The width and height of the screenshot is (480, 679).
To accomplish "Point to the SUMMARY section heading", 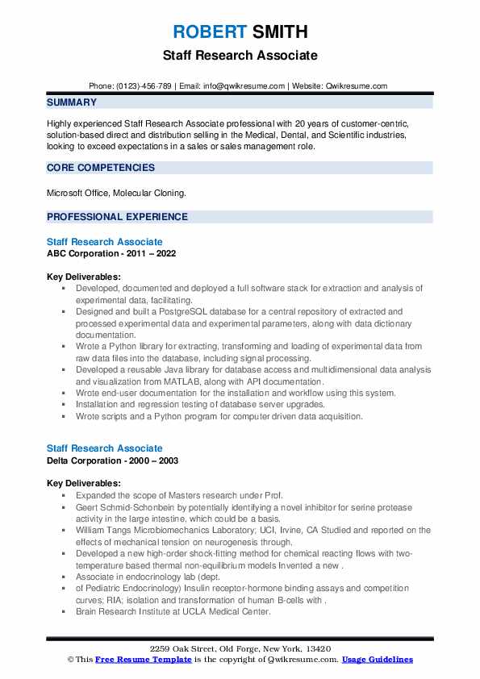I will (x=72, y=102).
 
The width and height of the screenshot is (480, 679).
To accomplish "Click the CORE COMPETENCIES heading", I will (x=101, y=168).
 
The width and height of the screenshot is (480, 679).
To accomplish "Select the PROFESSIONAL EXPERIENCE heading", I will (x=117, y=217).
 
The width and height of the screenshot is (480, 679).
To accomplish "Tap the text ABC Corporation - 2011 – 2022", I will (x=111, y=253).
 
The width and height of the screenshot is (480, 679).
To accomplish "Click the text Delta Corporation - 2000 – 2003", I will (x=112, y=460).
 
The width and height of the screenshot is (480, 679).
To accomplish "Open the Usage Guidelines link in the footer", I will (x=377, y=660).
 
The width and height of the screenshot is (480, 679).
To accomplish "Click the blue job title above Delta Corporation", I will (x=105, y=448).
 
